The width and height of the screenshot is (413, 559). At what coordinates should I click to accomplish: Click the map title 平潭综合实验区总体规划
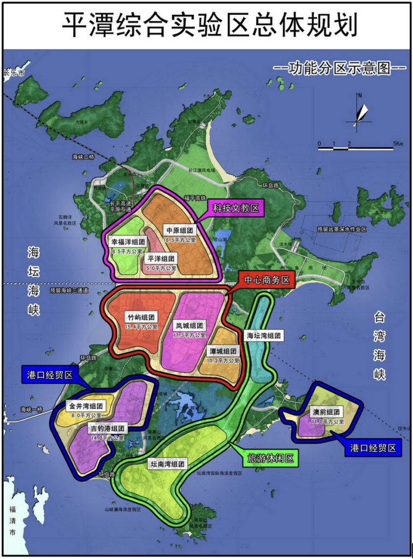point(206,25)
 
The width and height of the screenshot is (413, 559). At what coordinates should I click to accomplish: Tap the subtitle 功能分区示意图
point(340,69)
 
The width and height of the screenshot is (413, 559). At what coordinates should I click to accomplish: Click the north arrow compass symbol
point(359,111)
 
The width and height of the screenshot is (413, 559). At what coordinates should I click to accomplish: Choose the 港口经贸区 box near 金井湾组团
point(50,375)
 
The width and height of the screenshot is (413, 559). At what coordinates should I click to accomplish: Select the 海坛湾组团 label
point(263,336)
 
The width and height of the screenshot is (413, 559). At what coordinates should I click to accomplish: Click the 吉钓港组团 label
point(108,429)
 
